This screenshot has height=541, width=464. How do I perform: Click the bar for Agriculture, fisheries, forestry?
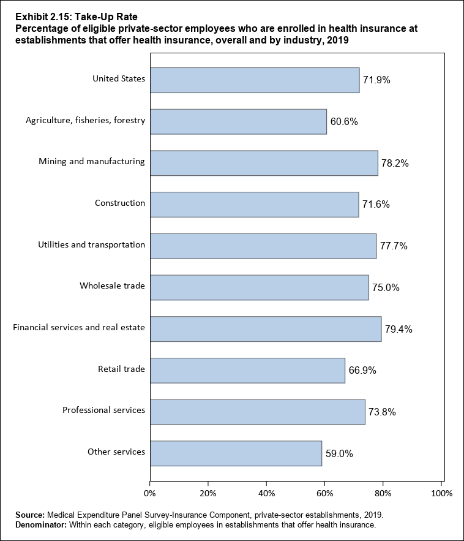click(x=238, y=121)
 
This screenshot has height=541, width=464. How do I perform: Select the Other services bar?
click(x=236, y=453)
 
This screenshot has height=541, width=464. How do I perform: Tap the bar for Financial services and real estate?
click(x=266, y=329)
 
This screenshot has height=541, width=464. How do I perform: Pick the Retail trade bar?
click(x=247, y=371)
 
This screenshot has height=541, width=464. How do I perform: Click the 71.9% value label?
click(x=376, y=80)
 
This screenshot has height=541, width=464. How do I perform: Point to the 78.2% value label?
click(x=395, y=164)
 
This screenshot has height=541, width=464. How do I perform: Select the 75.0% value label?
click(x=386, y=288)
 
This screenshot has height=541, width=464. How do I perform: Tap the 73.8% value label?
click(x=382, y=412)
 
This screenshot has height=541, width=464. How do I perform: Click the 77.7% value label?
click(x=394, y=246)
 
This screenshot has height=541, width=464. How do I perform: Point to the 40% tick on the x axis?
click(x=266, y=493)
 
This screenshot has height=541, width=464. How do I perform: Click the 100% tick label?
click(x=441, y=493)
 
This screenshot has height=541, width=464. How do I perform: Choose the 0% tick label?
click(x=150, y=493)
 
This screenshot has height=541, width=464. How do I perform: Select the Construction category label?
click(x=120, y=203)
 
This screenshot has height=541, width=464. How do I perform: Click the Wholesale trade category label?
click(x=112, y=286)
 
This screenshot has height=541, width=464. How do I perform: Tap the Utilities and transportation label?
click(x=91, y=244)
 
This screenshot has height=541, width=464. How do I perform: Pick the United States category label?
click(x=119, y=78)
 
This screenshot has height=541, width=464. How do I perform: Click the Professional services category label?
click(x=103, y=410)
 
